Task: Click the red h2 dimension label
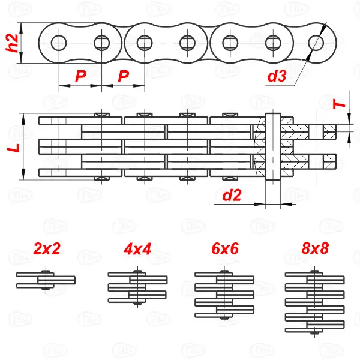[10, 43]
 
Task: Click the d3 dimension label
[276, 76]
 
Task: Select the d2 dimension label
[232, 194]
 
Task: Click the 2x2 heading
[47, 249]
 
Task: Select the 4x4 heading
[137, 249]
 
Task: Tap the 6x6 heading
[225, 249]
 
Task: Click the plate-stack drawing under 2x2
[46, 280]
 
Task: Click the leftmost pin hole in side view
[59, 43]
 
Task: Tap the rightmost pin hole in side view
[316, 43]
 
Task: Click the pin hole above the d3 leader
[316, 43]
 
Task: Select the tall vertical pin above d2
[272, 146]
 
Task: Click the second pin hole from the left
[101, 43]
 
